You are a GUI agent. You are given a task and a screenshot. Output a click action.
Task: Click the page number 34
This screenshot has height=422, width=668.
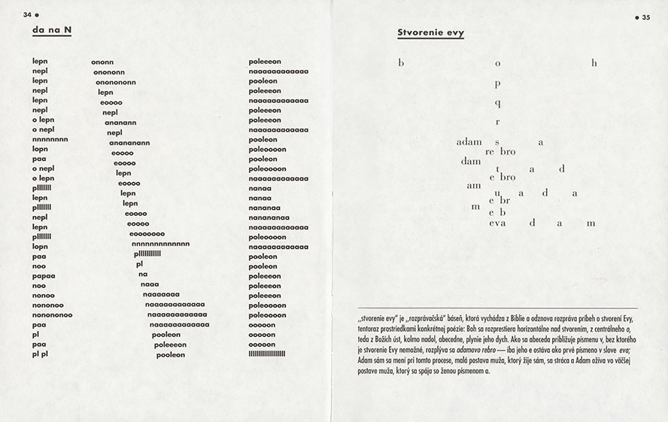28,14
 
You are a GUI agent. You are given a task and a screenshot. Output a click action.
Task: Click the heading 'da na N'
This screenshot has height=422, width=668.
52,31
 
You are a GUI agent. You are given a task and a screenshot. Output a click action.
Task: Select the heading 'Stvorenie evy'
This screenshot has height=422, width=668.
430,33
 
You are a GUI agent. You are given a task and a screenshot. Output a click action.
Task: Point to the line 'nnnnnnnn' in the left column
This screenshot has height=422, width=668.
50,139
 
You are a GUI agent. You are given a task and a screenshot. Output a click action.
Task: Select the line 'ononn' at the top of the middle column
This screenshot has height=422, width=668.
102,62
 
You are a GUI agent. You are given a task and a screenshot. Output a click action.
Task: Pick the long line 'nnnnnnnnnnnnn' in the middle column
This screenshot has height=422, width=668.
160,244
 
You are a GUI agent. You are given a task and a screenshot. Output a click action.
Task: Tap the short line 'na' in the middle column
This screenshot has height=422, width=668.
143,274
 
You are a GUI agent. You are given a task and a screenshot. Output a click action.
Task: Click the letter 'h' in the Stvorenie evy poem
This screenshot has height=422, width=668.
594,63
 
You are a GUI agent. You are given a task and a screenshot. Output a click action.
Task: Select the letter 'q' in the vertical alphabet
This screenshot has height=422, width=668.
498,102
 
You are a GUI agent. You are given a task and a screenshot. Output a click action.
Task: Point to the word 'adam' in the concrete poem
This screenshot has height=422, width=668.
469,141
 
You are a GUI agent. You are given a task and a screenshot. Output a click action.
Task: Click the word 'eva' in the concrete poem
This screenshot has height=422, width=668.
497,223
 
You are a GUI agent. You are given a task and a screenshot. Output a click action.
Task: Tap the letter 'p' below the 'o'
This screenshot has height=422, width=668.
498,83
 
